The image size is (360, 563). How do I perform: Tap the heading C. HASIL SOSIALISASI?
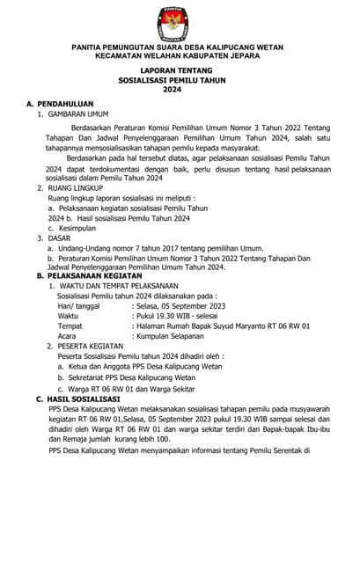tap(80, 398)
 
